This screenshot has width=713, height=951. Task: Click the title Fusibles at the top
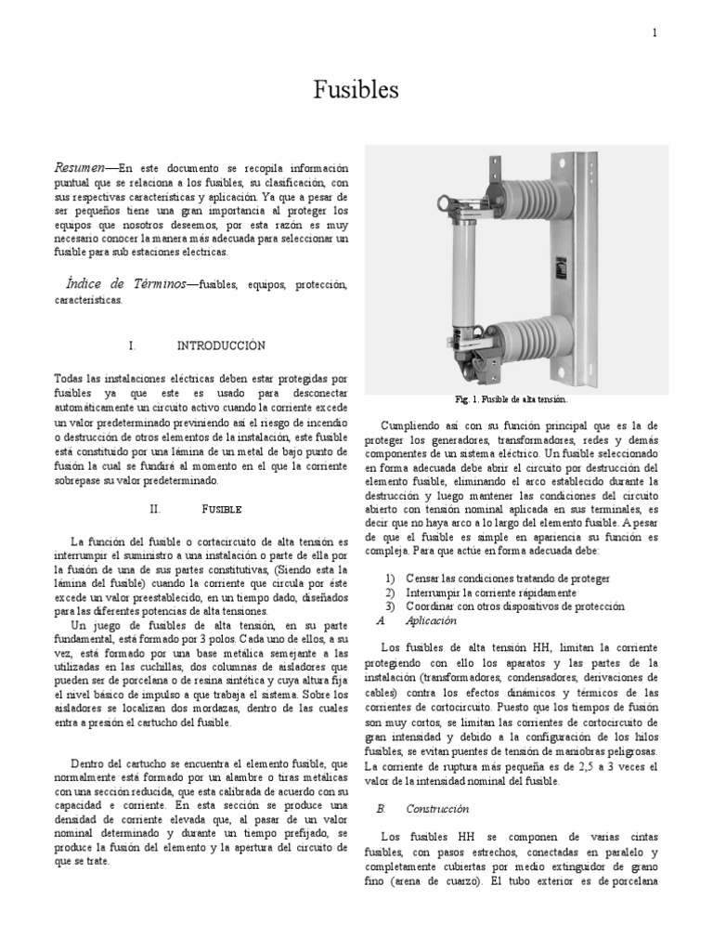point(356,90)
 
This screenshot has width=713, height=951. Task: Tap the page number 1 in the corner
point(654,33)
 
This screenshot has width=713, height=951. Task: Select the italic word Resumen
point(79,167)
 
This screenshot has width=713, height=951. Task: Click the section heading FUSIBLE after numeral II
point(222,510)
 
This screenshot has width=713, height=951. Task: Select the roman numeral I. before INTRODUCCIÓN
point(133,345)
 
